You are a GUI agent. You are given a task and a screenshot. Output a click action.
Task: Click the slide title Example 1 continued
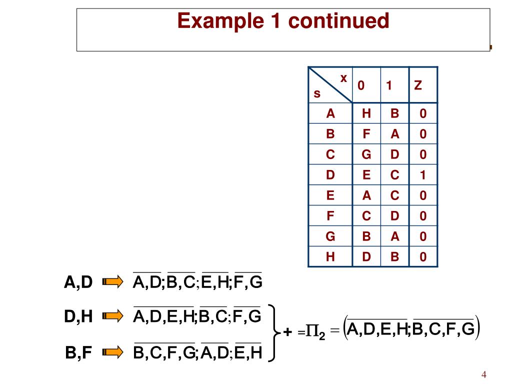point(283,21)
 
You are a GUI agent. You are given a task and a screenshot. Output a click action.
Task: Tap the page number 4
point(483,375)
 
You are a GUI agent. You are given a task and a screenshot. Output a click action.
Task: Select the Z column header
point(418,85)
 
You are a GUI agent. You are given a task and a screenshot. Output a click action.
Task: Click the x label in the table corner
point(343,78)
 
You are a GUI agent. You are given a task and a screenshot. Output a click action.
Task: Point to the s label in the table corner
point(316,94)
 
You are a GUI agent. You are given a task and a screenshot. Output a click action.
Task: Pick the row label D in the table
point(330,175)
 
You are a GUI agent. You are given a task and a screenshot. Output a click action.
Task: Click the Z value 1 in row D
point(423,175)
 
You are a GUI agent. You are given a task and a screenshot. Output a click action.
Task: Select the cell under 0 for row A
point(366,114)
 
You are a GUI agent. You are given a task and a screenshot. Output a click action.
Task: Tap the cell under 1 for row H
point(394,257)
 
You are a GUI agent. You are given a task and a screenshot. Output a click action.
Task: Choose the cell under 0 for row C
point(366,155)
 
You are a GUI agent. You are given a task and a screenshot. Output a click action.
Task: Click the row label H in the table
point(330,257)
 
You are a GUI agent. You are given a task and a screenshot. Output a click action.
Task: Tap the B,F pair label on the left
point(78,353)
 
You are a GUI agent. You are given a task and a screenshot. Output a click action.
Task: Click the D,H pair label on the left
point(78,317)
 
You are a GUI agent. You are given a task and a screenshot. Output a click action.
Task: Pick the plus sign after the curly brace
point(287,332)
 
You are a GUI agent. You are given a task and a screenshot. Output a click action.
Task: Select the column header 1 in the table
point(388,85)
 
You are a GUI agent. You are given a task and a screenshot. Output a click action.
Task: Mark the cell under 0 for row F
point(366,216)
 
